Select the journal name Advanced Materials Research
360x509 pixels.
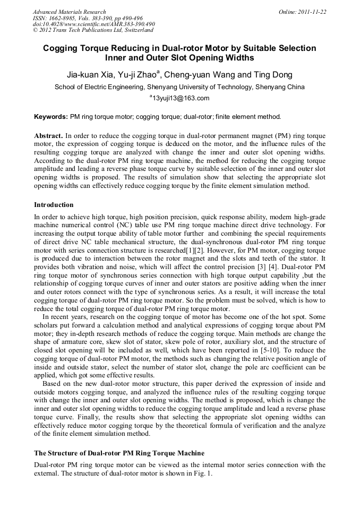pyautogui.click(x=69, y=12)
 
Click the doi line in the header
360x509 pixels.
pyautogui.click(x=93, y=24)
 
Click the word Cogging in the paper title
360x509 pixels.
pyautogui.click(x=59, y=48)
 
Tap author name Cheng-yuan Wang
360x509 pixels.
pyautogui.click(x=200, y=75)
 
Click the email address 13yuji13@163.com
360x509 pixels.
pyautogui.click(x=181, y=98)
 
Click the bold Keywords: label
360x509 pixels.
pyautogui.click(x=51, y=116)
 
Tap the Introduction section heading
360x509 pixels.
pyautogui.click(x=54, y=205)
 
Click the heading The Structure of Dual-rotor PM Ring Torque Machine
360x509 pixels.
pyautogui.click(x=119, y=453)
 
